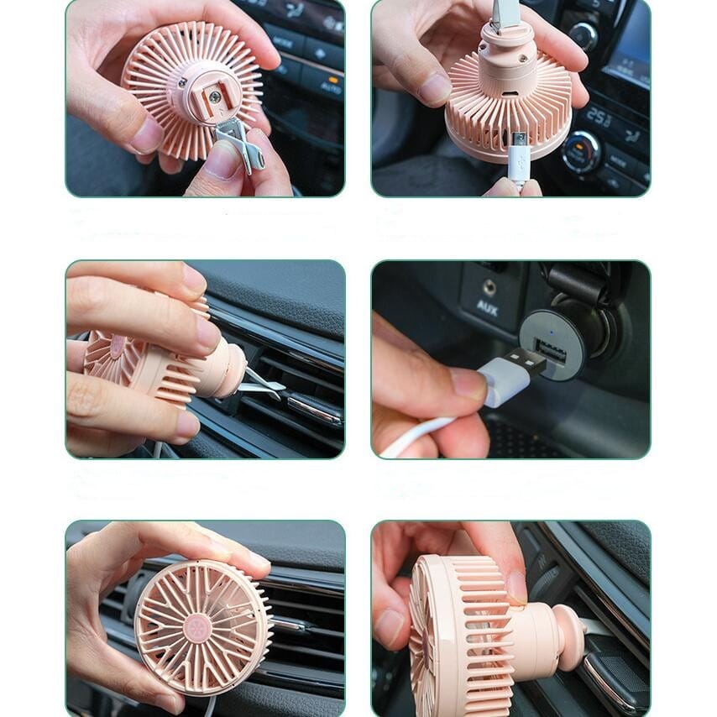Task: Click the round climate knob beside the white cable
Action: [x=580, y=152]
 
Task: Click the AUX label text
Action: [x=487, y=306]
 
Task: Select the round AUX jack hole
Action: [x=488, y=287]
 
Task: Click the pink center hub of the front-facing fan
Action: [x=197, y=627]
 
